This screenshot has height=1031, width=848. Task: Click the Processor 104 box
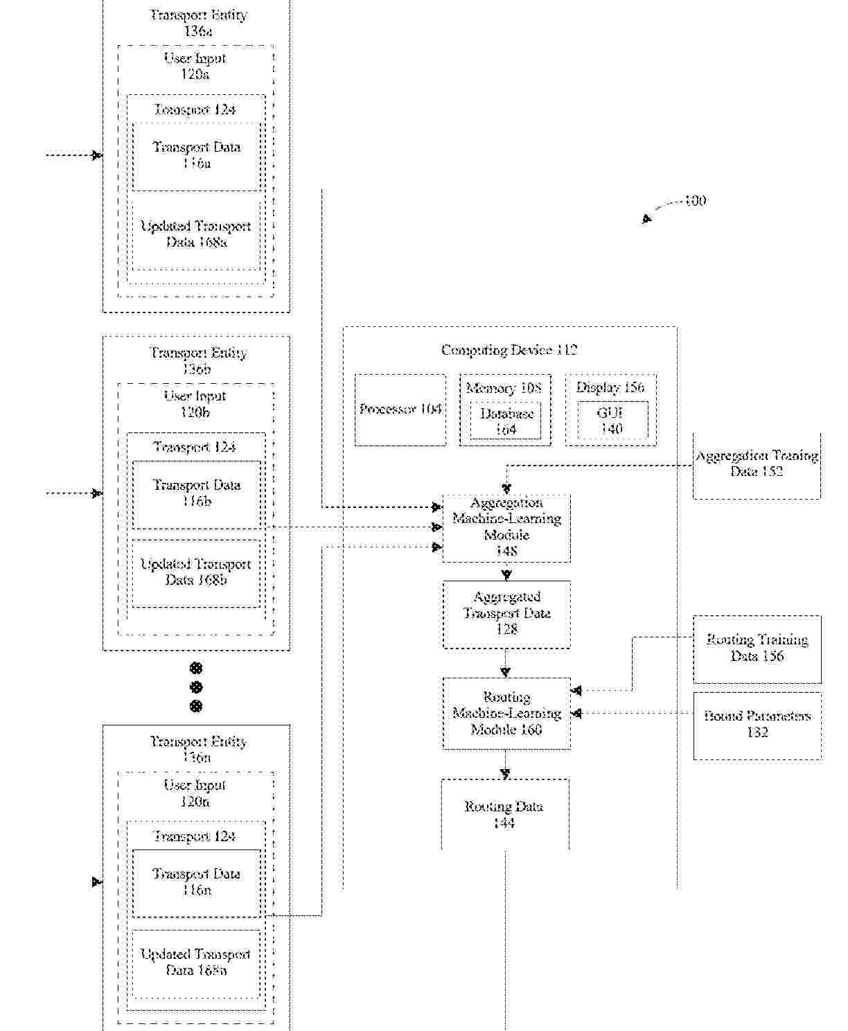400,409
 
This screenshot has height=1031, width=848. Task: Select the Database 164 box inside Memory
506,421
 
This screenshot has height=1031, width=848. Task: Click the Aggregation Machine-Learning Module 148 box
506,527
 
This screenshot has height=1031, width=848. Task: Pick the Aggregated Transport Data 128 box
506,614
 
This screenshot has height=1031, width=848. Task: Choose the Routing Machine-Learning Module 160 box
506,713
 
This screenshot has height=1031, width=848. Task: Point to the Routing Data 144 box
504,814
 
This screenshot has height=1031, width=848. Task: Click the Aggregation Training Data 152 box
757,464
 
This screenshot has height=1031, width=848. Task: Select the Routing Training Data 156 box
757,649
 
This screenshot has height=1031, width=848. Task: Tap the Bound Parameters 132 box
757,725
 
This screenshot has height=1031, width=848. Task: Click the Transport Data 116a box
197,156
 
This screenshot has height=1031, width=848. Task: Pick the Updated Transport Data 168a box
196,235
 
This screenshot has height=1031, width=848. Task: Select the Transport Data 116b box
197,494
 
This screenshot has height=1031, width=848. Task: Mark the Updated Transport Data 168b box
196,573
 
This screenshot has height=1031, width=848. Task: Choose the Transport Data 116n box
197,883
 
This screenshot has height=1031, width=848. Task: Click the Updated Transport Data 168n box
196,962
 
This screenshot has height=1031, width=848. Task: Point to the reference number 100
695,201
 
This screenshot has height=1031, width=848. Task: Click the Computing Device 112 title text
509,350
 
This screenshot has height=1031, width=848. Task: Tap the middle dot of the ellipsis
196,687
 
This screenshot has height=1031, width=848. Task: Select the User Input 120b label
195,404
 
